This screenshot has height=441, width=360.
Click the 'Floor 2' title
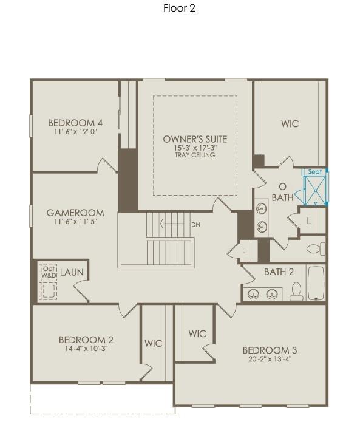179,8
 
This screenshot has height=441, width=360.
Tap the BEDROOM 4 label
71,123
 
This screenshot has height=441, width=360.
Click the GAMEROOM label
75,213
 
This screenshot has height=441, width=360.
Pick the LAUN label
72,273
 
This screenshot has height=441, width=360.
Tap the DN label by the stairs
195,225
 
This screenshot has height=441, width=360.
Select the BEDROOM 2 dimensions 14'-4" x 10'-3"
86,349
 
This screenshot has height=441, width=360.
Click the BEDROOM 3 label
270,350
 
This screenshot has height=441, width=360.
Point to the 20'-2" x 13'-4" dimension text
270,358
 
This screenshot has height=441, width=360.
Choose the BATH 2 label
279,272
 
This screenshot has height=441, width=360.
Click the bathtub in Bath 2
316,283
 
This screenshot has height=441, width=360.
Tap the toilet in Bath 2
296,292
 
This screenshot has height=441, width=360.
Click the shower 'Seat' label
314,172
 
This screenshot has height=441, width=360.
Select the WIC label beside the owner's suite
290,123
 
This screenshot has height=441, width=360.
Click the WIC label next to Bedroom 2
153,343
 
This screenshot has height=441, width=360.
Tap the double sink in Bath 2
262,295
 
